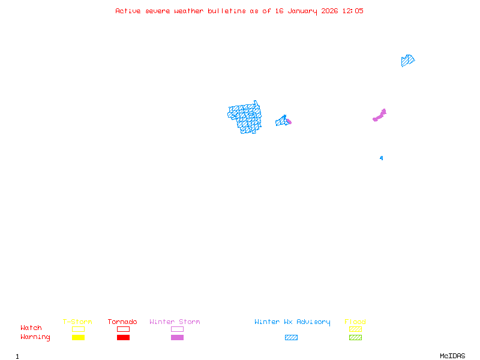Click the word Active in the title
point(128,11)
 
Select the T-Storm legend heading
point(77,322)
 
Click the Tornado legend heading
point(122,322)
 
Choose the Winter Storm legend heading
point(175,322)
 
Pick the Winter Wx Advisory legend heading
point(292,322)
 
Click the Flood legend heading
point(355,322)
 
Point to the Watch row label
point(31,328)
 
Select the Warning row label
point(35,337)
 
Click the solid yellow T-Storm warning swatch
point(78,338)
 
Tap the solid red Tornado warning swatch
point(123,338)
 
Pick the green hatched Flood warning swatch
point(355,338)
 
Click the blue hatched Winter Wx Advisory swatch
point(291,338)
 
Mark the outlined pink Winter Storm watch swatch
point(177,329)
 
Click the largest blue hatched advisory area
point(245,118)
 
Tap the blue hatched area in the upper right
point(407,61)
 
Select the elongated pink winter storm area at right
point(379,115)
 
